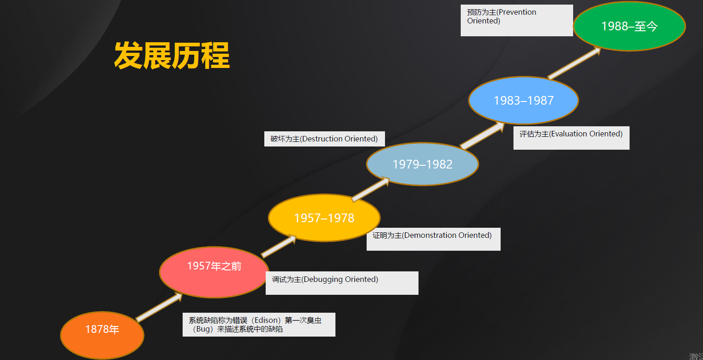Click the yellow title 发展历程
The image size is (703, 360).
tap(172, 56)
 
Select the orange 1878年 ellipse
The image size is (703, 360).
tap(102, 335)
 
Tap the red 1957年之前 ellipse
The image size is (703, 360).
tap(214, 272)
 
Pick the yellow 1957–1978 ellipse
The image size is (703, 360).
tap(324, 218)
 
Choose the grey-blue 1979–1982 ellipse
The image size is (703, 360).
tap(423, 164)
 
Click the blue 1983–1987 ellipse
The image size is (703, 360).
tap(524, 100)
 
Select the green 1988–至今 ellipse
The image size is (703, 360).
tap(629, 26)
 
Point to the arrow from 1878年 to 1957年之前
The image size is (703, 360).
tap(159, 307)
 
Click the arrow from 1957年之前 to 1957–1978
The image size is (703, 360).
tap(279, 246)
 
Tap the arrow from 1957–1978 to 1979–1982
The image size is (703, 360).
tap(371, 189)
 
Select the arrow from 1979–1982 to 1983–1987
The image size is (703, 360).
tap(482, 135)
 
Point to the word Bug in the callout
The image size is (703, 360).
tap(203, 329)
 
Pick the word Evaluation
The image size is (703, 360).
tap(569, 134)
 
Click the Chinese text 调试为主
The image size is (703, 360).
tap(286, 279)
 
